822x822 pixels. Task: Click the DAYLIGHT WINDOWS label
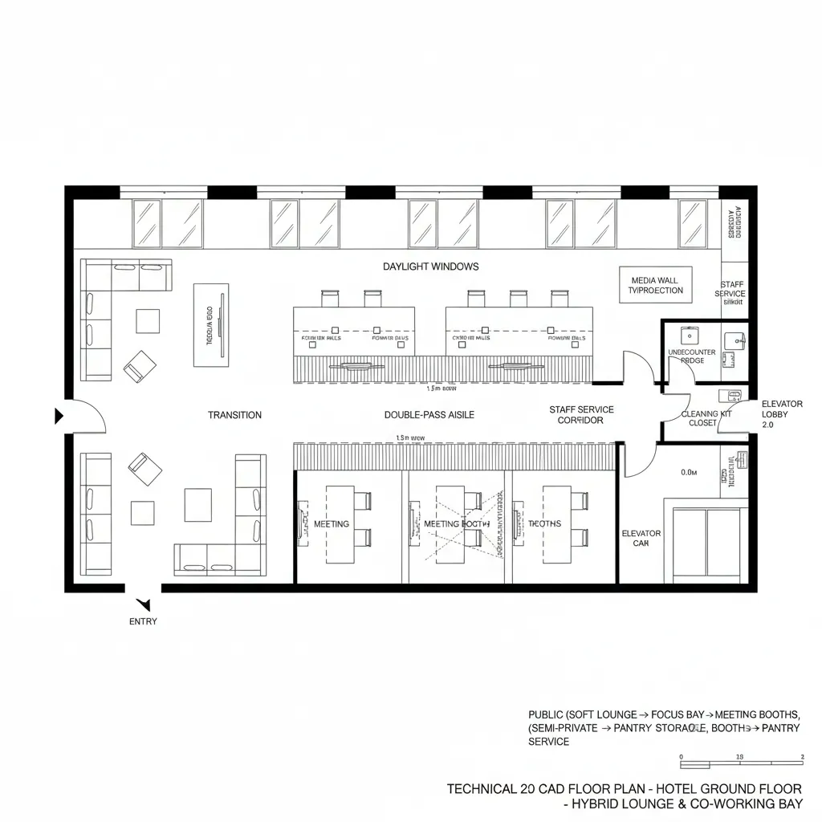coord(430,266)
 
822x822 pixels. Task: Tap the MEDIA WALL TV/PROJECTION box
coord(655,285)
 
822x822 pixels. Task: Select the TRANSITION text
coord(234,415)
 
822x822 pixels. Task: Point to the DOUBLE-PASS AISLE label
coord(429,415)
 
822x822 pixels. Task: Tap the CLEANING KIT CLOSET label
coord(707,418)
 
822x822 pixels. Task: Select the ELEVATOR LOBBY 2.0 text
coord(776,414)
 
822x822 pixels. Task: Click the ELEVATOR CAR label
coord(641,538)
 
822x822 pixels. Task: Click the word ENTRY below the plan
coord(143,621)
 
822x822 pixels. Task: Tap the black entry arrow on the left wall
coord(58,416)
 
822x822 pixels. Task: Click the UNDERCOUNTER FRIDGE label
coord(691,356)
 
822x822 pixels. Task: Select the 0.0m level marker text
coord(688,473)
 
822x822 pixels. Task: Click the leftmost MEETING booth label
coord(332,523)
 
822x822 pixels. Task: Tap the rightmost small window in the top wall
coord(693,223)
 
